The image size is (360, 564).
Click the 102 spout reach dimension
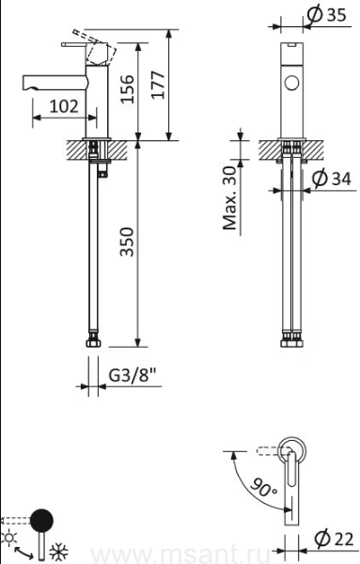64,106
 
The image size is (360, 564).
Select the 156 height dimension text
127,89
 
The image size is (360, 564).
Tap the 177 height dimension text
158,85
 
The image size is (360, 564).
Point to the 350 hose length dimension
127,242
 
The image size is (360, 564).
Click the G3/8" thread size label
133,375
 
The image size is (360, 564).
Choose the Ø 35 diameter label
327,15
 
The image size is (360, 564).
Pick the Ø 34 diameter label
331,178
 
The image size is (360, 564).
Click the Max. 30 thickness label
230,197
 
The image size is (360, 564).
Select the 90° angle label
263,487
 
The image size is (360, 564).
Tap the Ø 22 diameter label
334,540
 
